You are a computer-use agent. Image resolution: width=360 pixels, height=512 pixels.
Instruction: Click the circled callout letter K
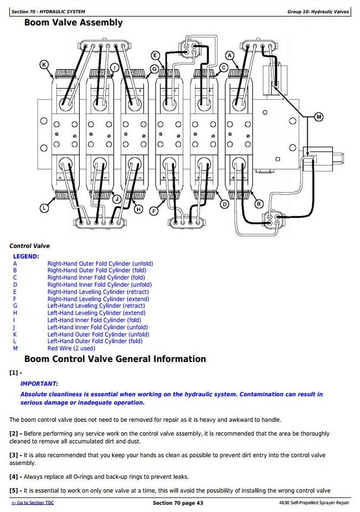pos(44,65)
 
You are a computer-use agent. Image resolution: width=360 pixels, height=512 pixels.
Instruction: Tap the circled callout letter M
pos(318,117)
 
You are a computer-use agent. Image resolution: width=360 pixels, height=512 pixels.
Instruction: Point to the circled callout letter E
pos(155,55)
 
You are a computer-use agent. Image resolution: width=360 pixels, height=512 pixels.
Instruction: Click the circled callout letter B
pos(258,204)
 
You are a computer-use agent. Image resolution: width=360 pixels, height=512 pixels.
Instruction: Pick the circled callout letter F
pos(155,210)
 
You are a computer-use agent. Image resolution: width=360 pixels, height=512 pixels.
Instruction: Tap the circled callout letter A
pos(230,55)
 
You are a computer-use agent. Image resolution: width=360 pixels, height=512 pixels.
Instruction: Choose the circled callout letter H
pos(138,209)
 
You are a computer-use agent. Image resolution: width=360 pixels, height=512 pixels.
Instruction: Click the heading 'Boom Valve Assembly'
pos(73,23)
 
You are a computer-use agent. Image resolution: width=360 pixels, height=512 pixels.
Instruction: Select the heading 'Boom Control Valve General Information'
pos(115,359)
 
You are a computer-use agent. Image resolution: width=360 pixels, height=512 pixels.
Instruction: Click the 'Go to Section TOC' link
pos(33,503)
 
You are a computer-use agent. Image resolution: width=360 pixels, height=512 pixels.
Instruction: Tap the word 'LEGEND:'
pos(26,256)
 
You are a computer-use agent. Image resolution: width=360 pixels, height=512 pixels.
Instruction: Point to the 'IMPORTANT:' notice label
pos(39,384)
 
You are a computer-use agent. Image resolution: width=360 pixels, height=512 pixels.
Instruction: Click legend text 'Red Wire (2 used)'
pos(71,348)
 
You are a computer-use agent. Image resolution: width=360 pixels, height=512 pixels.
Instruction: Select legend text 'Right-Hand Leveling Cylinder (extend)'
pos(96,299)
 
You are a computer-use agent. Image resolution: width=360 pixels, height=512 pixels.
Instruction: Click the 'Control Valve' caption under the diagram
pos(29,246)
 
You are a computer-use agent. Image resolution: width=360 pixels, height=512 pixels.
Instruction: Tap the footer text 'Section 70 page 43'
pos(177,503)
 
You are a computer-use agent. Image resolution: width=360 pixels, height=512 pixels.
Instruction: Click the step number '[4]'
pos(14,477)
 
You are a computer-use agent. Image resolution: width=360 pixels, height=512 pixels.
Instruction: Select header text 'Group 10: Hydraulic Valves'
pos(318,12)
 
